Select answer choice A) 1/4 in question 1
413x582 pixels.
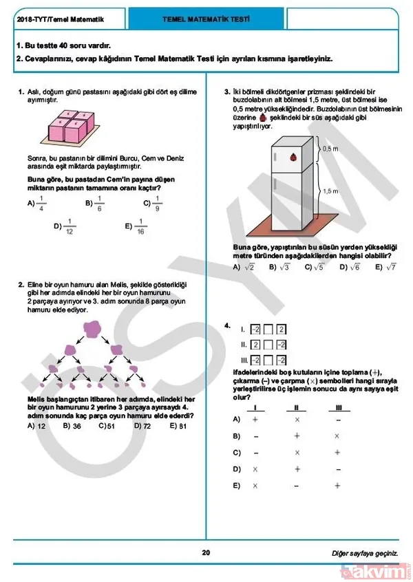click(x=36, y=203)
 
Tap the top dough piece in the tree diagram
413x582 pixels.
click(x=92, y=332)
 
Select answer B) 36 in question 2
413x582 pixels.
click(x=72, y=426)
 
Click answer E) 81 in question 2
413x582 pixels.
click(x=178, y=426)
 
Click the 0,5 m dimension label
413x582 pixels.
click(x=330, y=149)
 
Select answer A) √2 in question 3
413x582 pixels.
click(x=244, y=267)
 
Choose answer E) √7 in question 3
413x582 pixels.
click(x=387, y=267)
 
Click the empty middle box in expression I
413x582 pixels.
click(x=268, y=330)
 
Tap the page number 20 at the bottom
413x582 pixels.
click(x=206, y=552)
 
